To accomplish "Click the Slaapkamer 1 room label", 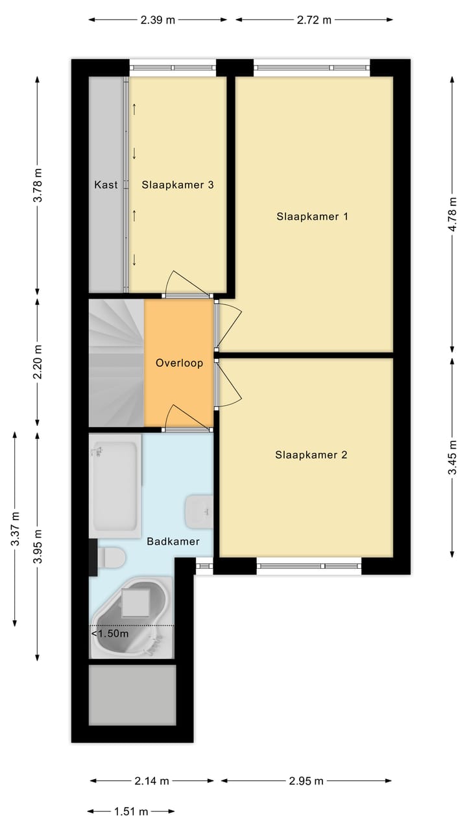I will click(312, 216).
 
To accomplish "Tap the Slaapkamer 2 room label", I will click(311, 455).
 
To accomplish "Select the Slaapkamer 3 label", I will click(178, 185).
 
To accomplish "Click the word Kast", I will click(106, 185).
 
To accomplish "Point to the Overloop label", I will click(179, 364).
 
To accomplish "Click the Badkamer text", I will click(173, 541).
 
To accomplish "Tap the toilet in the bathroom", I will click(112, 557).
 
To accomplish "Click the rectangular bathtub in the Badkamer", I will click(115, 486).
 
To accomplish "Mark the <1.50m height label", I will click(110, 634).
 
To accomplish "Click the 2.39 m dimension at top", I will click(158, 19).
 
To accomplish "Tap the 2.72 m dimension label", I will click(314, 19).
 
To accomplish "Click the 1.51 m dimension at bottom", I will click(131, 811).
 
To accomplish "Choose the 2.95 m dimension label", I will click(305, 781).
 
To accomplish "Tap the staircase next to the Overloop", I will click(115, 362).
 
